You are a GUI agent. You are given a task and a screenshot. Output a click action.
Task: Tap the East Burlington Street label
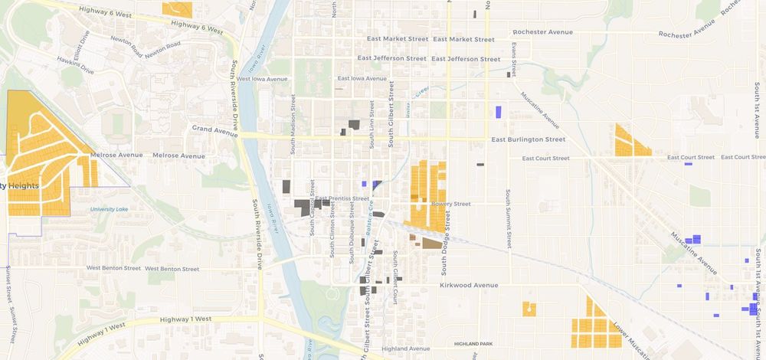click(528, 139)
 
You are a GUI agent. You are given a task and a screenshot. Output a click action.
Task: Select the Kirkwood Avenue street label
click(469, 285)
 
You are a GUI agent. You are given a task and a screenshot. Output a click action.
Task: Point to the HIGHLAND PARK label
click(473, 344)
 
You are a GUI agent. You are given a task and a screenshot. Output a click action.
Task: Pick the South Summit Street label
click(508, 218)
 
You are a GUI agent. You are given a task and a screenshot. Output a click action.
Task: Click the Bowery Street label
click(450, 204)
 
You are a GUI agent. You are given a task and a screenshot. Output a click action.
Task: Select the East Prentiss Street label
click(342, 198)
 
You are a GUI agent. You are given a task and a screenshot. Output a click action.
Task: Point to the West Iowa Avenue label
click(262, 78)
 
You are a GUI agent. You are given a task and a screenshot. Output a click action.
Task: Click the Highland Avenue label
click(404, 349)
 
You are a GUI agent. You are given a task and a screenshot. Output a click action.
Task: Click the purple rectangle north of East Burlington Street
click(498, 112)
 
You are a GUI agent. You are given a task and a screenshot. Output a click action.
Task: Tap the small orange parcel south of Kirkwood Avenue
click(529, 309)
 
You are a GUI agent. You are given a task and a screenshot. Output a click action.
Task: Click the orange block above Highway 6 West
click(178, 8)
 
